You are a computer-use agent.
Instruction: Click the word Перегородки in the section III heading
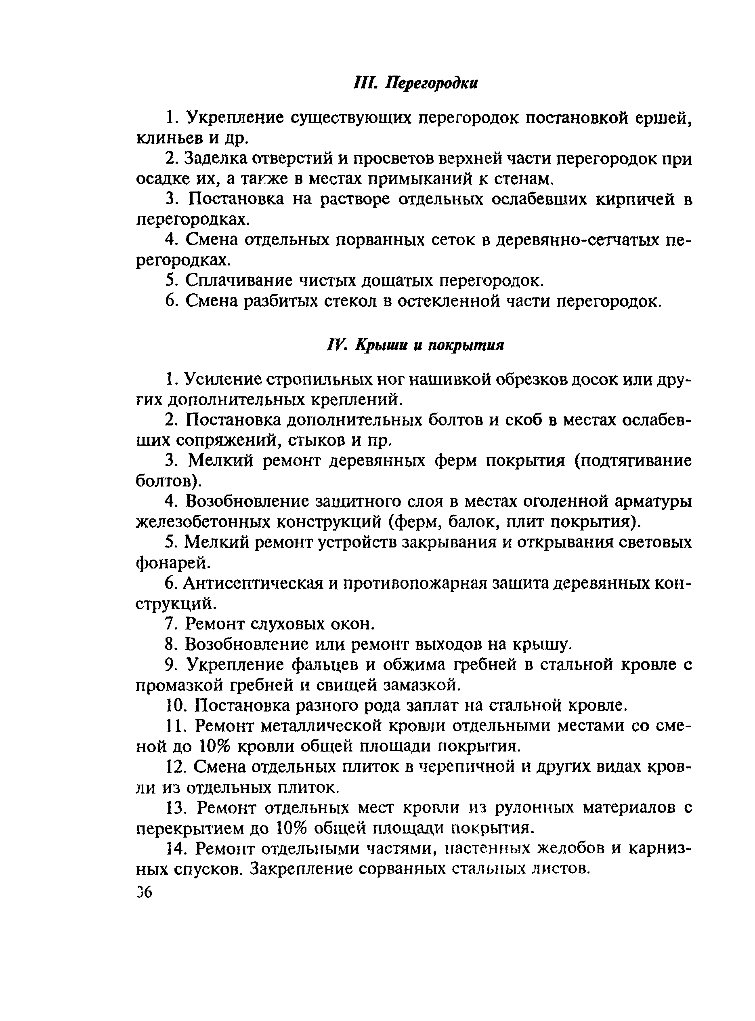(x=432, y=84)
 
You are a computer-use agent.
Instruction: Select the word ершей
(x=664, y=118)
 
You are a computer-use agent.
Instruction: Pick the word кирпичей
(x=636, y=199)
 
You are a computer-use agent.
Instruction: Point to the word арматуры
(x=654, y=501)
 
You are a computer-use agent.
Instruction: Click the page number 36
(x=145, y=892)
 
